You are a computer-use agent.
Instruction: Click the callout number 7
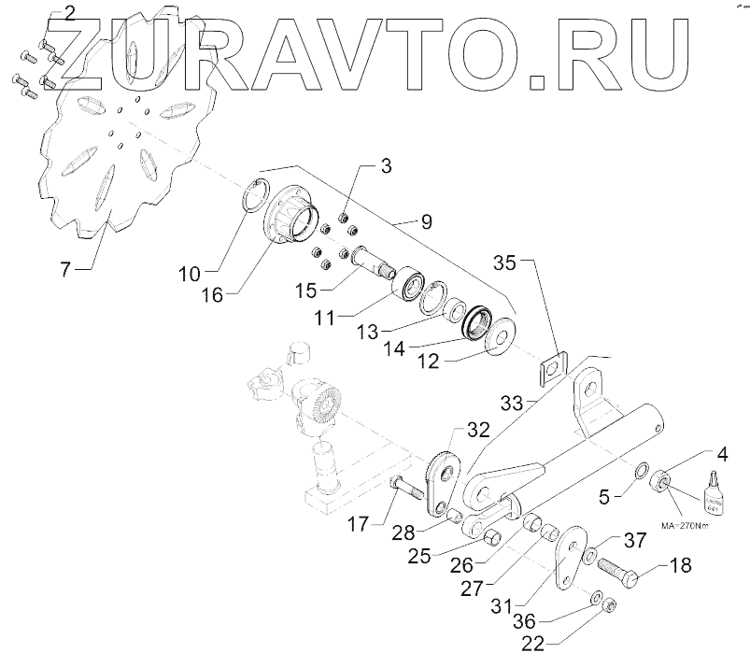65,271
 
